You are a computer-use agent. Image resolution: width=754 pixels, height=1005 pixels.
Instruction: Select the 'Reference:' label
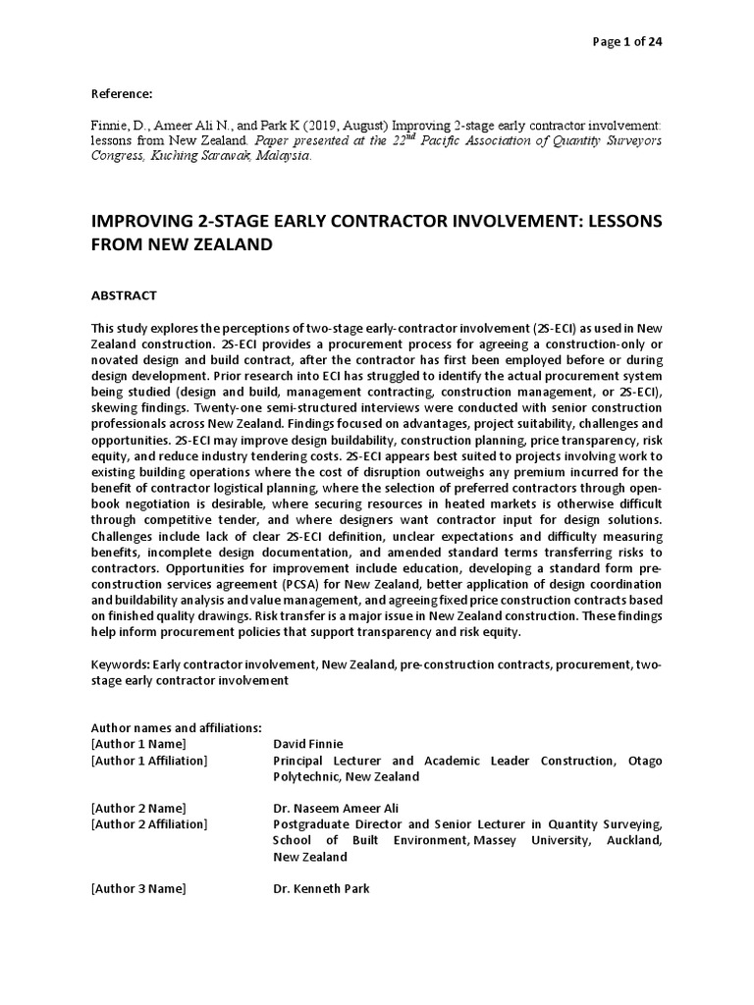point(122,93)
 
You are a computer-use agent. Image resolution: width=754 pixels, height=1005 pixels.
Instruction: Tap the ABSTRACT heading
point(124,294)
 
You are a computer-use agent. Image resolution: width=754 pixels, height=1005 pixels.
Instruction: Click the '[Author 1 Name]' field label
point(137,744)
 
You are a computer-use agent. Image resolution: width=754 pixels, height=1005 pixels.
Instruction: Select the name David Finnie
point(307,744)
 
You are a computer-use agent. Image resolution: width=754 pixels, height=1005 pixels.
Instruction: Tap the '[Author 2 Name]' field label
point(137,808)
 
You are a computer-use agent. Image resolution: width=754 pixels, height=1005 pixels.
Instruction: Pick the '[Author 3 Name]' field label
point(137,888)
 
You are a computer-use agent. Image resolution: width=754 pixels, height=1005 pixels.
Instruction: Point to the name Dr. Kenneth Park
point(321,888)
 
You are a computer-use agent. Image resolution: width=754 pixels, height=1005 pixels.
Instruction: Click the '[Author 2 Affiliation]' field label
point(149,823)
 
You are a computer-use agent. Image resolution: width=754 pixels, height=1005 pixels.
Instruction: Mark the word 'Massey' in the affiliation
point(510,840)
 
